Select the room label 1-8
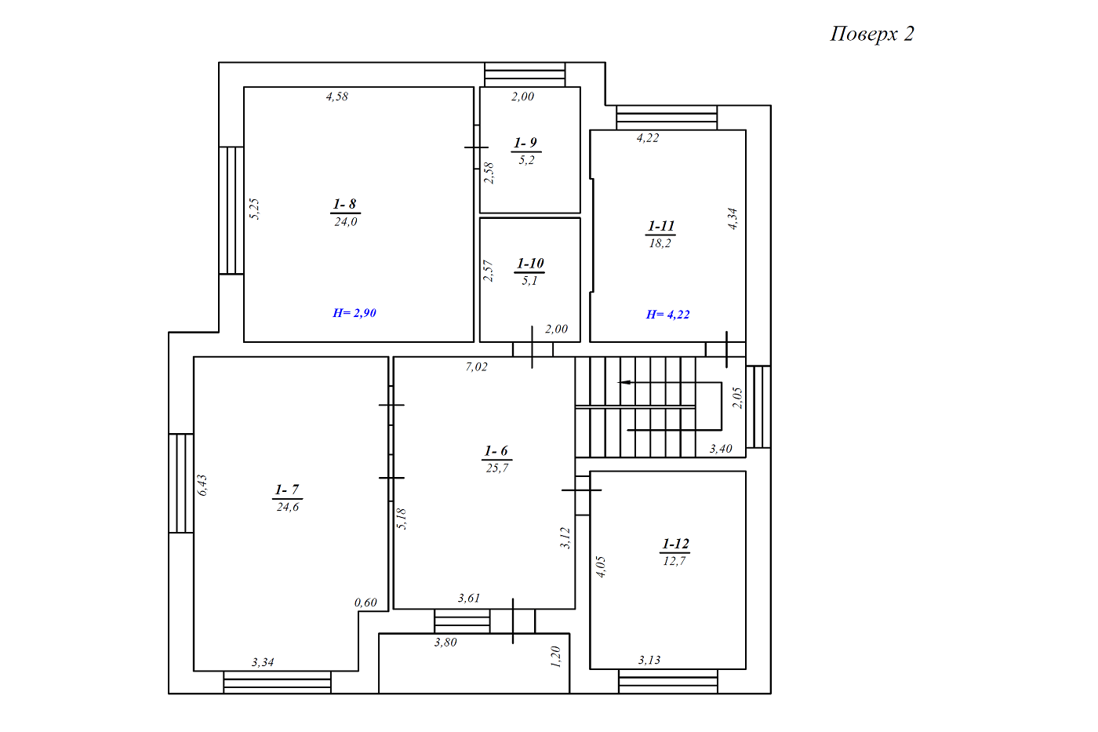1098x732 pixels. point(344,204)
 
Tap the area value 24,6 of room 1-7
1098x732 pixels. point(288,507)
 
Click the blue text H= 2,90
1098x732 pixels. point(354,313)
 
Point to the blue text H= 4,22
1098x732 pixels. point(667,315)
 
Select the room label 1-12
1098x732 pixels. point(675,544)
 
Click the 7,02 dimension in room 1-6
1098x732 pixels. point(477,366)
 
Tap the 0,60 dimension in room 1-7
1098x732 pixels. point(365,603)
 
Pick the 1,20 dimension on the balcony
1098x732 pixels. point(555,657)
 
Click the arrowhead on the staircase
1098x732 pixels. point(624,382)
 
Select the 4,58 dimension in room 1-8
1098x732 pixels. point(337,97)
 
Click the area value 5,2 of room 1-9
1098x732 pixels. point(526,160)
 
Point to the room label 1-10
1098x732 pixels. point(530,264)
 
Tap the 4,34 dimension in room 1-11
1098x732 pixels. point(733,218)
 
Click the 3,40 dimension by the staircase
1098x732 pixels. point(721,449)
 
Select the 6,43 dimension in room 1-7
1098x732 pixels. point(202,485)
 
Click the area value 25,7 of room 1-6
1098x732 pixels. point(497,468)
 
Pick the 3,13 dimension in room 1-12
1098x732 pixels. point(649,660)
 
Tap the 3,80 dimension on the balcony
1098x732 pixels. point(445,643)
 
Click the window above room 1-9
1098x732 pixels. point(525,75)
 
